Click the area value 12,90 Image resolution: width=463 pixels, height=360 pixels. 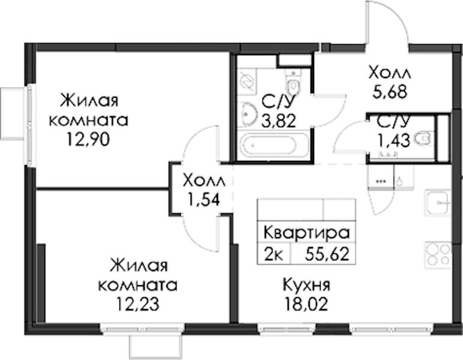click(x=88, y=140)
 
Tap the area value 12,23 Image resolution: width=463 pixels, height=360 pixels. click(x=138, y=304)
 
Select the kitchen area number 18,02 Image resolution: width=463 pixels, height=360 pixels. click(x=306, y=304)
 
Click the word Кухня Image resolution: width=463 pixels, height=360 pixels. click(x=306, y=285)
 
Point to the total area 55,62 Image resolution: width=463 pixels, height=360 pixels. click(x=327, y=254)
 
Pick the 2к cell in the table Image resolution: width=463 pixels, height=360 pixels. click(x=274, y=254)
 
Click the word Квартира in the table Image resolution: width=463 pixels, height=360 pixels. click(x=306, y=233)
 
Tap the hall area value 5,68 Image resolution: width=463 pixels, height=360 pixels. click(x=390, y=92)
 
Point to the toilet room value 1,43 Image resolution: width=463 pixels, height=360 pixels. click(x=393, y=140)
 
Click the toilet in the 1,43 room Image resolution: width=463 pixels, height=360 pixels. click(x=423, y=139)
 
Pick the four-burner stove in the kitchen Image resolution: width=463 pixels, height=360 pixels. click(x=438, y=255)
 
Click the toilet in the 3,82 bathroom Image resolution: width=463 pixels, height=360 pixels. click(x=293, y=82)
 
